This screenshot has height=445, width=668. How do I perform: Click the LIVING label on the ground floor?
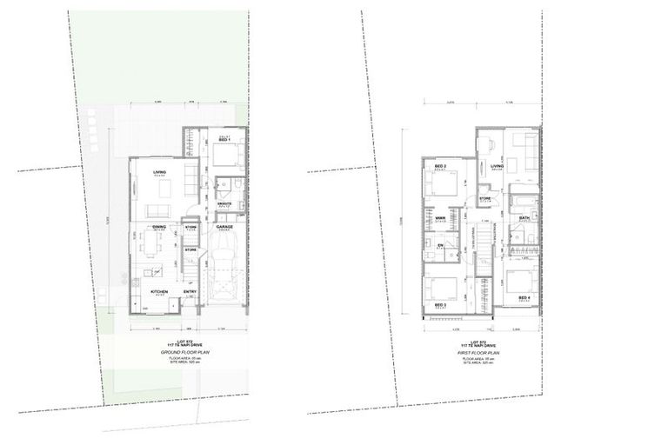click(159, 172)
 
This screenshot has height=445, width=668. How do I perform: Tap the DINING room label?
click(159, 226)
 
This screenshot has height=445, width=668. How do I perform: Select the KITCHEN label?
click(159, 292)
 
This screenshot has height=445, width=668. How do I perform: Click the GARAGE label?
click(224, 226)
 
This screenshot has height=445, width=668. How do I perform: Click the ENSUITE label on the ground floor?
click(224, 204)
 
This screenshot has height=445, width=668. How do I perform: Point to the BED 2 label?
click(440, 165)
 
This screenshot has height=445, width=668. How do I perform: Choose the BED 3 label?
click(440, 306)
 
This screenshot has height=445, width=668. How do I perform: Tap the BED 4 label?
click(524, 298)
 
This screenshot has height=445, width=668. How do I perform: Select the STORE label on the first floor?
click(484, 199)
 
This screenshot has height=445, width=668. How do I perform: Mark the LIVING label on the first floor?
click(497, 165)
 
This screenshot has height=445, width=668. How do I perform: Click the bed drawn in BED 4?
click(520, 280)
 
